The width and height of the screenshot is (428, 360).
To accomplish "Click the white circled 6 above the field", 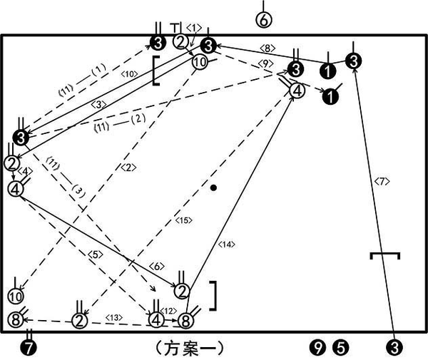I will pos(263,20).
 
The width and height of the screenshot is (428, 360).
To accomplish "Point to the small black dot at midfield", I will pos(213,187).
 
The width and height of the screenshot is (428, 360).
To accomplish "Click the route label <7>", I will pos(382,182).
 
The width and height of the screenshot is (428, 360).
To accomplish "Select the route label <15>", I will pos(184,221).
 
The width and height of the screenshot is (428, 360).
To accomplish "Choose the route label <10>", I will pos(128,73).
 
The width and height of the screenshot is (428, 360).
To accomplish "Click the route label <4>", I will pos(26,172).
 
